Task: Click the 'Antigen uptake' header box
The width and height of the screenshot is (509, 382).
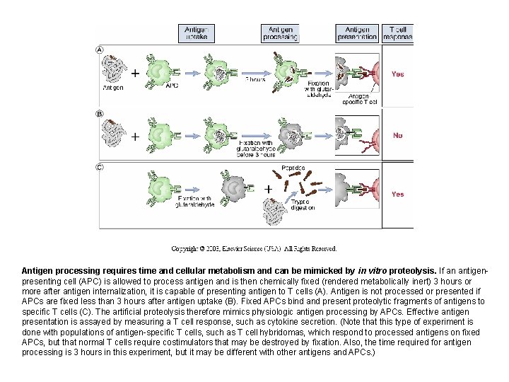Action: coord(195,33)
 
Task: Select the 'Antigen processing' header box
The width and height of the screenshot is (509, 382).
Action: coord(279,33)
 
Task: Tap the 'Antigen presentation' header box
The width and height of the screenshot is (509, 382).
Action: coord(358,33)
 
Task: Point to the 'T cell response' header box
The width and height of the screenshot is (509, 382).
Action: coord(398,33)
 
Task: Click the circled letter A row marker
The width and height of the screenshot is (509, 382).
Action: coord(100,50)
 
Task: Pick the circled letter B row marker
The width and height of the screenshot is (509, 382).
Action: coord(100,113)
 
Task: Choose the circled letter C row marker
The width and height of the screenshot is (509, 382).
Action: coord(100,167)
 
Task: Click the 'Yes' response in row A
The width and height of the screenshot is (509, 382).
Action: coord(398,74)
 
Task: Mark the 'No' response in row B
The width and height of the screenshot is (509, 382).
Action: coord(398,135)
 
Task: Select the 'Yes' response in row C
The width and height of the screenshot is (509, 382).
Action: coord(398,194)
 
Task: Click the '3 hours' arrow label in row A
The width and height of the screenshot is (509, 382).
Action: coord(255,80)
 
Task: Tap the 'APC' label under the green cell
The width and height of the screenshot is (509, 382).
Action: coord(172,86)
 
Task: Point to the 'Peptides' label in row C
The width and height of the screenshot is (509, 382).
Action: coord(292,168)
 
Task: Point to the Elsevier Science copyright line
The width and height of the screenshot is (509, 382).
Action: coord(254,248)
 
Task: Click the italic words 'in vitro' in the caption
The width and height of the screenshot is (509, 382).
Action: coord(371,271)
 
